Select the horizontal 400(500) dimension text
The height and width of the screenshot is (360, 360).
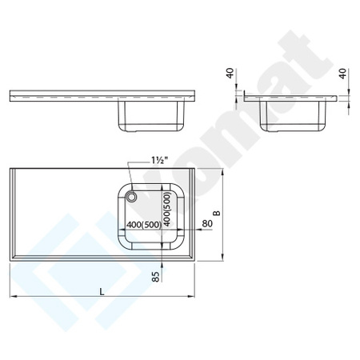point(142,225)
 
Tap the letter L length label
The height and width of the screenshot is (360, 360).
point(102,290)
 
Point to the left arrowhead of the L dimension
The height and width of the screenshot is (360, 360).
point(13,298)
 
